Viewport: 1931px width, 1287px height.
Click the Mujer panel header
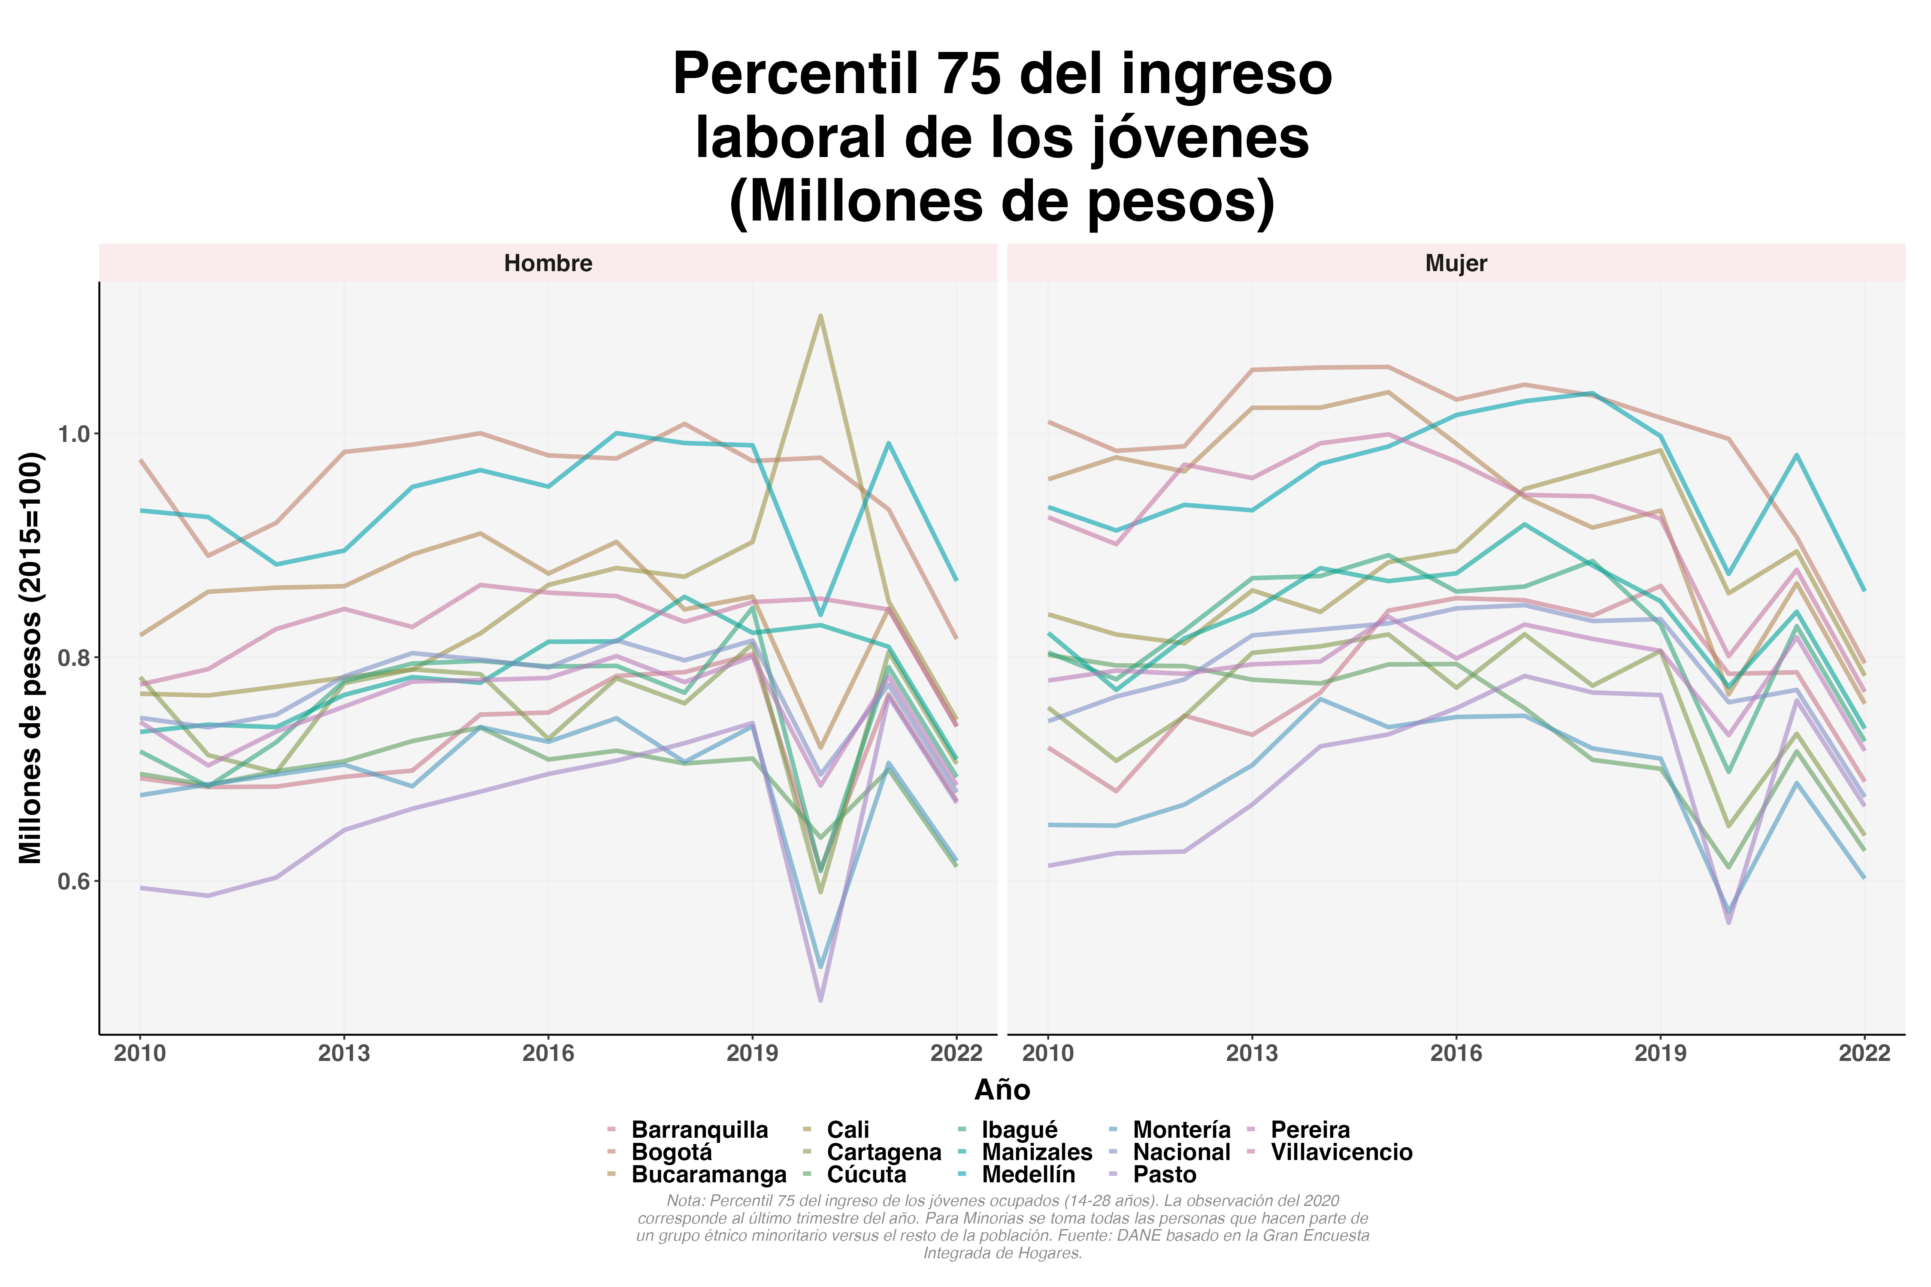pos(1456,263)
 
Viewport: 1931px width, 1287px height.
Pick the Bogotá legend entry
pos(672,1152)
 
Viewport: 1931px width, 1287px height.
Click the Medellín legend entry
pos(1028,1175)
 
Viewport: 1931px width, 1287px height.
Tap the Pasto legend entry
pos(1164,1175)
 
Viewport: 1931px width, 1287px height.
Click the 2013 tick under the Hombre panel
pos(344,1053)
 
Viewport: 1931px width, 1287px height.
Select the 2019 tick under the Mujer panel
pos(1660,1053)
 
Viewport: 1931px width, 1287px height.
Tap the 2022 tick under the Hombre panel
pos(956,1053)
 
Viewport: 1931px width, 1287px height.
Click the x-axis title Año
pos(1002,1090)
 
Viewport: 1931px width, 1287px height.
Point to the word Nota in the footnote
pos(685,1201)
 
